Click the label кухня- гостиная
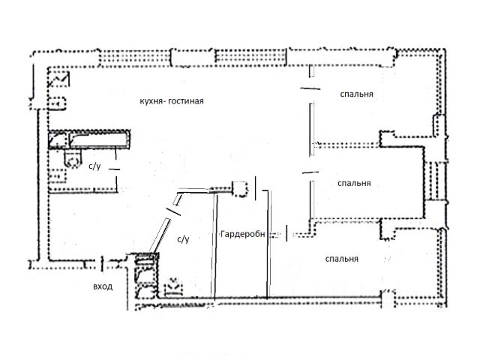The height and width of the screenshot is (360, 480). pyautogui.click(x=172, y=100)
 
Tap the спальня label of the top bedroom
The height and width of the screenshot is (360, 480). pyautogui.click(x=358, y=95)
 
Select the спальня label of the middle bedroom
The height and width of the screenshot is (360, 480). pyautogui.click(x=354, y=182)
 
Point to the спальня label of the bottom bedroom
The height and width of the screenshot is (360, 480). pyautogui.click(x=341, y=259)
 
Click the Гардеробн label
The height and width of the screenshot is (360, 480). pyautogui.click(x=243, y=235)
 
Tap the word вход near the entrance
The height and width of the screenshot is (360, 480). pyautogui.click(x=103, y=286)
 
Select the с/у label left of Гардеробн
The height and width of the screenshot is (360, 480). pyautogui.click(x=182, y=239)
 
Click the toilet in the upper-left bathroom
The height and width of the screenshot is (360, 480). pyautogui.click(x=72, y=157)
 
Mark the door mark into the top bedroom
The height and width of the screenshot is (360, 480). pyautogui.click(x=306, y=88)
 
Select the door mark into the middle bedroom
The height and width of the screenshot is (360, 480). pyautogui.click(x=306, y=174)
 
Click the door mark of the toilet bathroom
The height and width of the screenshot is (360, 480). pyautogui.click(x=115, y=171)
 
